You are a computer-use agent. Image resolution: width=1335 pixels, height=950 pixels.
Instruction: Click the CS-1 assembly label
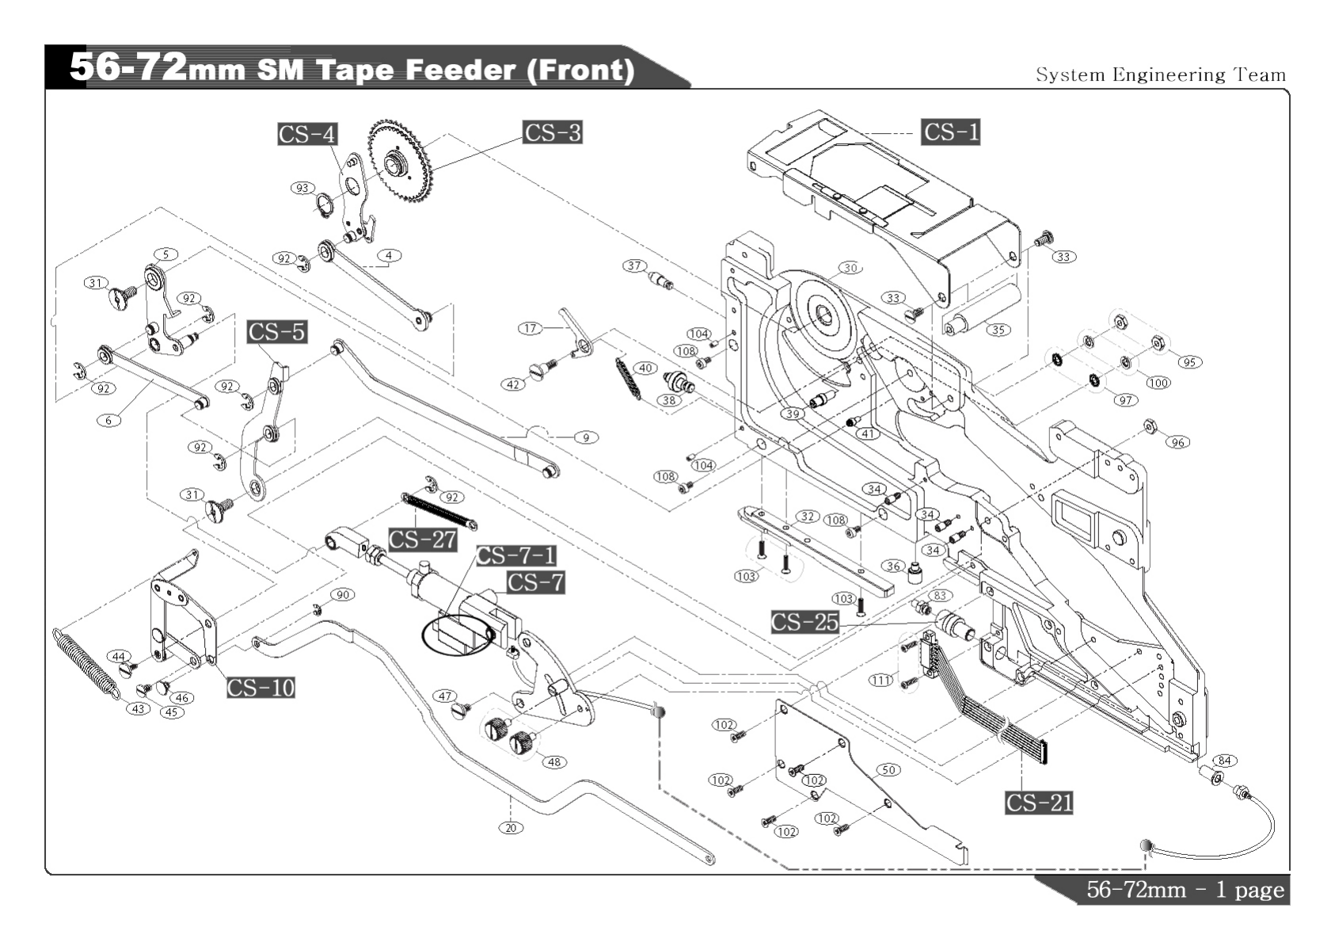click(x=950, y=132)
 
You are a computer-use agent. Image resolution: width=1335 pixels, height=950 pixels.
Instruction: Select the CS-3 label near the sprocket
click(x=552, y=132)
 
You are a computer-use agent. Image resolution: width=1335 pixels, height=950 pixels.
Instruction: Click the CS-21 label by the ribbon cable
click(x=1039, y=803)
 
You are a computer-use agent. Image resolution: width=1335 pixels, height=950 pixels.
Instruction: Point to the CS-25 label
click(x=804, y=622)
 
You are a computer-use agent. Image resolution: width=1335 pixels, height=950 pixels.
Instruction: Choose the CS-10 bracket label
click(x=261, y=687)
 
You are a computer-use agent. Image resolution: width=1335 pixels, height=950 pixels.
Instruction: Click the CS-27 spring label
click(x=423, y=540)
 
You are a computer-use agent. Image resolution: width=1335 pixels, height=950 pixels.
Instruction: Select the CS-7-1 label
click(x=515, y=555)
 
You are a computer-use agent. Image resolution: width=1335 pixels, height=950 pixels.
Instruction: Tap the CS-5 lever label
click(x=276, y=331)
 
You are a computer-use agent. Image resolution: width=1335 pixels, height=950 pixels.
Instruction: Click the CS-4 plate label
click(x=307, y=134)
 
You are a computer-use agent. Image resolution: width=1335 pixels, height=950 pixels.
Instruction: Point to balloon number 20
click(x=511, y=828)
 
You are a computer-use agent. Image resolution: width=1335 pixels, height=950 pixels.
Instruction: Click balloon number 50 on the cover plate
click(x=888, y=769)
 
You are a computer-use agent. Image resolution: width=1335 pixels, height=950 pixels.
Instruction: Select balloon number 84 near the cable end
click(x=1224, y=761)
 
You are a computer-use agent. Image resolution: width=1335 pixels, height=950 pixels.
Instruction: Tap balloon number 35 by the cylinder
click(x=998, y=330)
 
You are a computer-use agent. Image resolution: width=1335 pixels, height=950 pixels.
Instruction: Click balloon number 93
click(x=302, y=188)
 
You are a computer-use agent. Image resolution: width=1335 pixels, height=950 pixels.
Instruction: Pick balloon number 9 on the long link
click(x=586, y=437)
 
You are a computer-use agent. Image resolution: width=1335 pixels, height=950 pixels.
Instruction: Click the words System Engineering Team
click(x=1161, y=75)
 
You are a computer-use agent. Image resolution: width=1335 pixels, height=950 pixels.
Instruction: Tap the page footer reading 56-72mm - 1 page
click(x=1185, y=890)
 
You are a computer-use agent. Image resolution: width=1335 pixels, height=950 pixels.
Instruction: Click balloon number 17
click(x=530, y=328)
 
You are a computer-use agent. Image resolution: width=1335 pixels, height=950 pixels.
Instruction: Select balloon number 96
click(x=1178, y=442)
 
